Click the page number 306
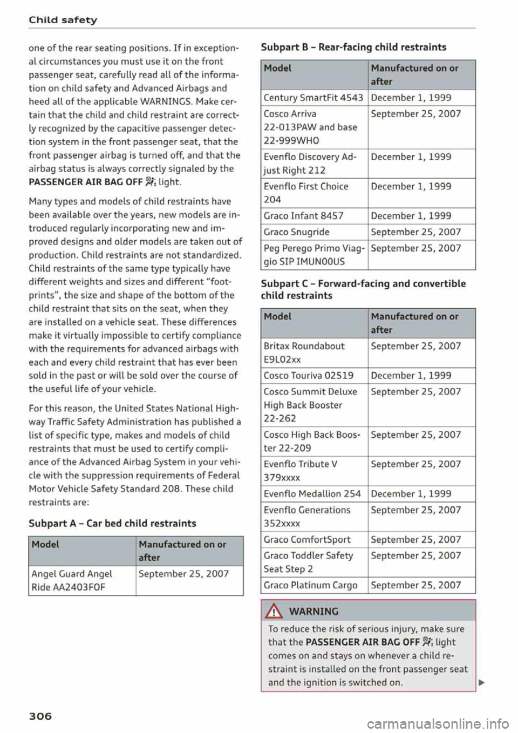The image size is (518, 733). (40, 716)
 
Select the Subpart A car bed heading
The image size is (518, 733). (112, 523)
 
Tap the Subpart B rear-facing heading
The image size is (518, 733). (353, 47)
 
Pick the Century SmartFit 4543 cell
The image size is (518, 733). (313, 98)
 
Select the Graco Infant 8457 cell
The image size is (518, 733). (303, 215)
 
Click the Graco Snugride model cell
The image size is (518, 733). (296, 232)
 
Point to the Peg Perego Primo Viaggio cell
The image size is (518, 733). (313, 255)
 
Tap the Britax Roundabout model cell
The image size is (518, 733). (304, 352)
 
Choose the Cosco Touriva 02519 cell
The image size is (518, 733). (309, 375)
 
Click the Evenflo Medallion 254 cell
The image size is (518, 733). (312, 493)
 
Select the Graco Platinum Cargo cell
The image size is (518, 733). (310, 585)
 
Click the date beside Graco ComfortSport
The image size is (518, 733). (415, 539)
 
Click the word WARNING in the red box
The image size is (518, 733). (313, 611)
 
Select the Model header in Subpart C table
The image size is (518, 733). (277, 316)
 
